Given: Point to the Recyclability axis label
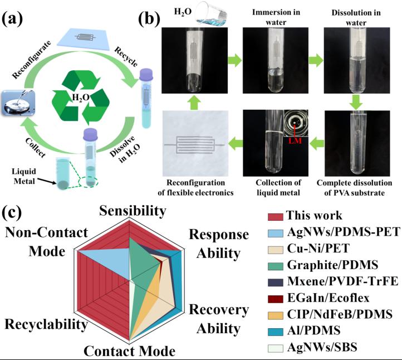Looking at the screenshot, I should coord(45,324).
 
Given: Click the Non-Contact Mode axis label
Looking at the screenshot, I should coord(37,241).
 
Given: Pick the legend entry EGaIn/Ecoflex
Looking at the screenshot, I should coord(330,298).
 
